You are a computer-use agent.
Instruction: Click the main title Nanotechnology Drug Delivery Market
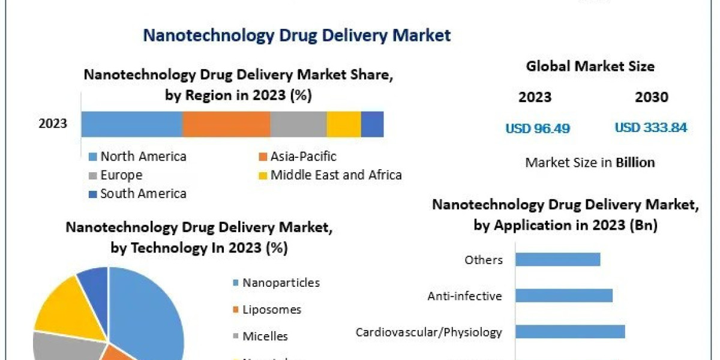pos(296,35)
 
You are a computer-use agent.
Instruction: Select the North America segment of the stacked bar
pos(131,124)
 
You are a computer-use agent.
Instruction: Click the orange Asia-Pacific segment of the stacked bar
pos(226,124)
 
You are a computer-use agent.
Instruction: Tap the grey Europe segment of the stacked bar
pos(298,124)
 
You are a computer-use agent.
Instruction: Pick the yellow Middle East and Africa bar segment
pos(344,124)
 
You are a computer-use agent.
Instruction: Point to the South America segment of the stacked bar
pos(372,124)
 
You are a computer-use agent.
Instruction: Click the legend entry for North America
pos(137,157)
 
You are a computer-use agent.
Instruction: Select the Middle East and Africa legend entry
pos(329,175)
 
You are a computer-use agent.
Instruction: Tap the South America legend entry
pos(137,194)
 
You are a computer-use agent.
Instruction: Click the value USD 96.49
pos(537,128)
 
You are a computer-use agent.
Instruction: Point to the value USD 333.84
pos(650,128)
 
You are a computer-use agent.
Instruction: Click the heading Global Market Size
pos(590,67)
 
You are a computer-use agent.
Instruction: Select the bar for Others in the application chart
pos(557,259)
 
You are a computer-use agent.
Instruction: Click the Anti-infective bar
pos(563,296)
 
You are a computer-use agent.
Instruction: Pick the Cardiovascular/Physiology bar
pos(570,332)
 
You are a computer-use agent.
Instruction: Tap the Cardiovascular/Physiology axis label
pos(428,332)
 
